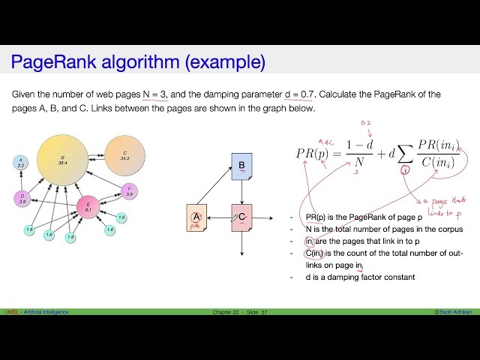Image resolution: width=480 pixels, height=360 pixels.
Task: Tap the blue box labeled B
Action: (241, 166)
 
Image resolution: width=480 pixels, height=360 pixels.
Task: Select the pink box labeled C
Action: (242, 217)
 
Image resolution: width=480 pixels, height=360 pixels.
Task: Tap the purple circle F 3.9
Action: (130, 192)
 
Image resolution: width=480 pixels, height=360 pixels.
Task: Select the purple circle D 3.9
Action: (22, 199)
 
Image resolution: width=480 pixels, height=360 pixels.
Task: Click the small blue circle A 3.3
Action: (21, 163)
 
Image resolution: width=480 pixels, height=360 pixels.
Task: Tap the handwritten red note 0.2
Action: (367, 123)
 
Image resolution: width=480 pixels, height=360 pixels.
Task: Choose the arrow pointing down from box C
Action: (242, 244)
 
